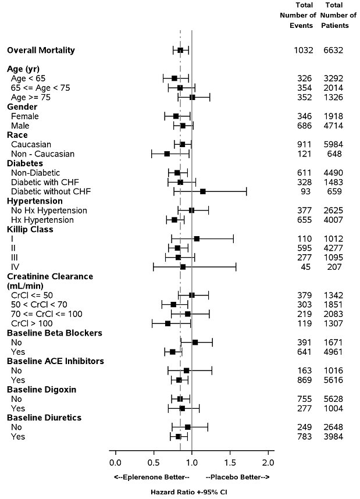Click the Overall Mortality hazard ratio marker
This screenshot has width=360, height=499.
click(x=180, y=50)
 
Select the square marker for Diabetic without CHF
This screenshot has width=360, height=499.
click(x=202, y=191)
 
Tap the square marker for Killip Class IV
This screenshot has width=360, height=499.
click(x=183, y=267)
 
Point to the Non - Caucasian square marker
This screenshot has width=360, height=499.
click(x=167, y=154)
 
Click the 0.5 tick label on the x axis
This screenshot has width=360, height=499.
click(x=154, y=462)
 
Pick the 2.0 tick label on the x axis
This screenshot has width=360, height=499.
click(x=268, y=462)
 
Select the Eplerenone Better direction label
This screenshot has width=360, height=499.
click(x=152, y=477)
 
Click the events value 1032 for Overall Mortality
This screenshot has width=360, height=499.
click(x=304, y=51)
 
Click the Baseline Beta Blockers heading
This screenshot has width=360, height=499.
click(x=55, y=333)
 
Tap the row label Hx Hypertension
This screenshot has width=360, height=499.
click(x=42, y=220)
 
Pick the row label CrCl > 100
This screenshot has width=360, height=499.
click(x=33, y=323)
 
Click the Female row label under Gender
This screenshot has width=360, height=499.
click(x=25, y=116)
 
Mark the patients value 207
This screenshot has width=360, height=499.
click(x=335, y=267)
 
